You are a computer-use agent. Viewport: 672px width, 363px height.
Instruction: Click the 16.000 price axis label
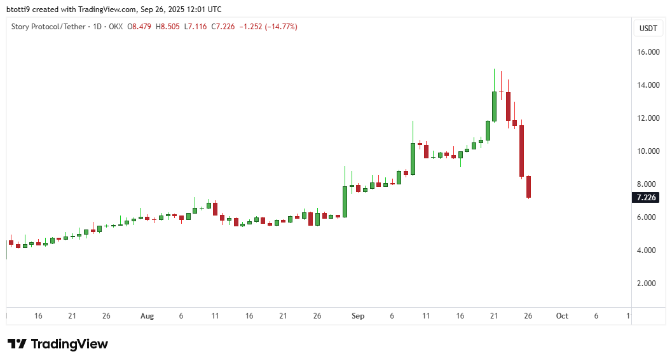click(x=648, y=52)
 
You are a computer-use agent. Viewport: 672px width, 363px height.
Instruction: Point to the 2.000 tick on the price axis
click(x=648, y=284)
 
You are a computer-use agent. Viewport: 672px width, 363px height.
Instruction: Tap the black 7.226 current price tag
click(x=647, y=198)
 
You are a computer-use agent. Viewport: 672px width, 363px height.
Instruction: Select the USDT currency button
click(x=648, y=29)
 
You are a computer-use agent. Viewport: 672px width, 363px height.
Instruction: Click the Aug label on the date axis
click(x=147, y=316)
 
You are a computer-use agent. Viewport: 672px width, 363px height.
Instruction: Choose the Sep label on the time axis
click(x=357, y=316)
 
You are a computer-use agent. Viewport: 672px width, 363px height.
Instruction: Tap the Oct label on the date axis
click(x=562, y=316)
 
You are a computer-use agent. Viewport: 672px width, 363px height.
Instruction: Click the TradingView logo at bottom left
click(x=58, y=344)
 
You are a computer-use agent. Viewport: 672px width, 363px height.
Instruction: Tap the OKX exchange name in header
click(x=115, y=27)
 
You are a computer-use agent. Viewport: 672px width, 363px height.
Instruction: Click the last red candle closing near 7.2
click(x=528, y=187)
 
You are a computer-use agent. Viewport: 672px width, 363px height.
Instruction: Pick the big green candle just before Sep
click(x=345, y=202)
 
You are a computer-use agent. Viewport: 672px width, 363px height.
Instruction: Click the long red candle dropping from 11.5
click(x=521, y=151)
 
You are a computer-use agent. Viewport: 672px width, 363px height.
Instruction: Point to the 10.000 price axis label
click(x=648, y=151)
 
